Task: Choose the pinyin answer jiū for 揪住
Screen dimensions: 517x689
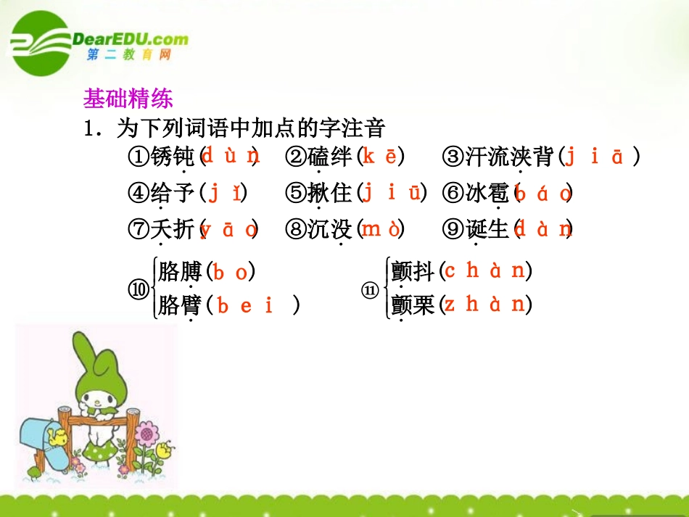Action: click(392, 192)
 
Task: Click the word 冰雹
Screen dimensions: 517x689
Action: click(487, 193)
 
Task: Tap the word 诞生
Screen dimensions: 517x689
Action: click(487, 229)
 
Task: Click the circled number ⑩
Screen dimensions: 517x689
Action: click(139, 289)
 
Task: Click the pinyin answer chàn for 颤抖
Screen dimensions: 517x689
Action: click(484, 271)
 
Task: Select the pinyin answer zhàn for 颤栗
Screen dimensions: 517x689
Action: click(484, 305)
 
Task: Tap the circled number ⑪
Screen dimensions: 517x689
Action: click(371, 289)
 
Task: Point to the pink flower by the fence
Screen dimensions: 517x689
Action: click(147, 435)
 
